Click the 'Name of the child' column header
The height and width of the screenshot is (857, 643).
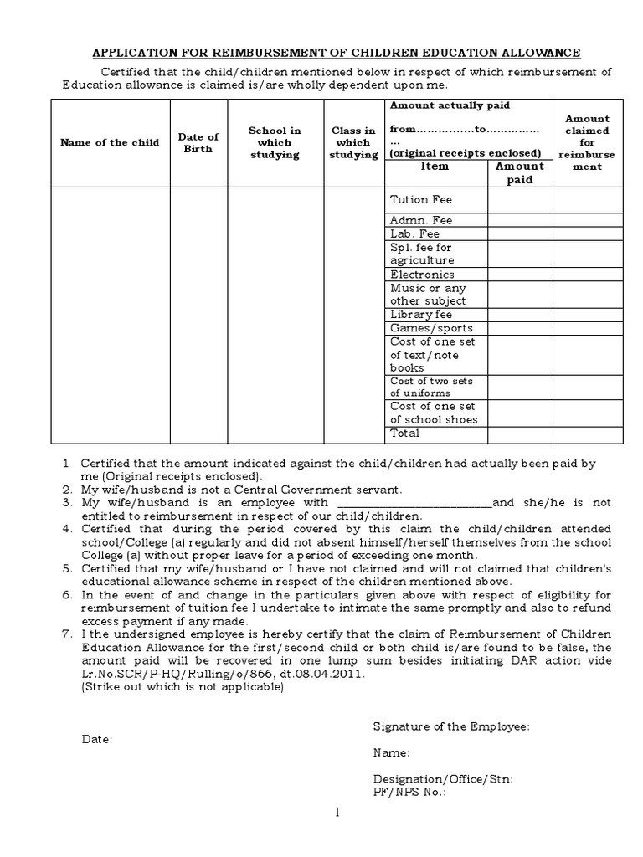point(110,142)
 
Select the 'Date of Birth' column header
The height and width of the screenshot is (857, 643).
point(198,142)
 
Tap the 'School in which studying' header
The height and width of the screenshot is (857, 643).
point(275,142)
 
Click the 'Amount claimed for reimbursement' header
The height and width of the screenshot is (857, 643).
point(587,142)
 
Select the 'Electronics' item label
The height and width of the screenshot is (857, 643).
point(422,275)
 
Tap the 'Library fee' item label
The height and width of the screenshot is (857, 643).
point(420,315)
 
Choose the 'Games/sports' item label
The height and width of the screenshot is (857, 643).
point(431,328)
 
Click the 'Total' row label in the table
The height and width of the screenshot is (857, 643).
point(405,434)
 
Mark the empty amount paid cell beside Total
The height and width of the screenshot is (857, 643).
point(520,434)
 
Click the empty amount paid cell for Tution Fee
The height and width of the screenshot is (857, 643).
point(520,200)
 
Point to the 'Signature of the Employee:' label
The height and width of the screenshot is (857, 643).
point(451,727)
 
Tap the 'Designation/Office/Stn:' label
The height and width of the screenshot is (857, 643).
point(443,778)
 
